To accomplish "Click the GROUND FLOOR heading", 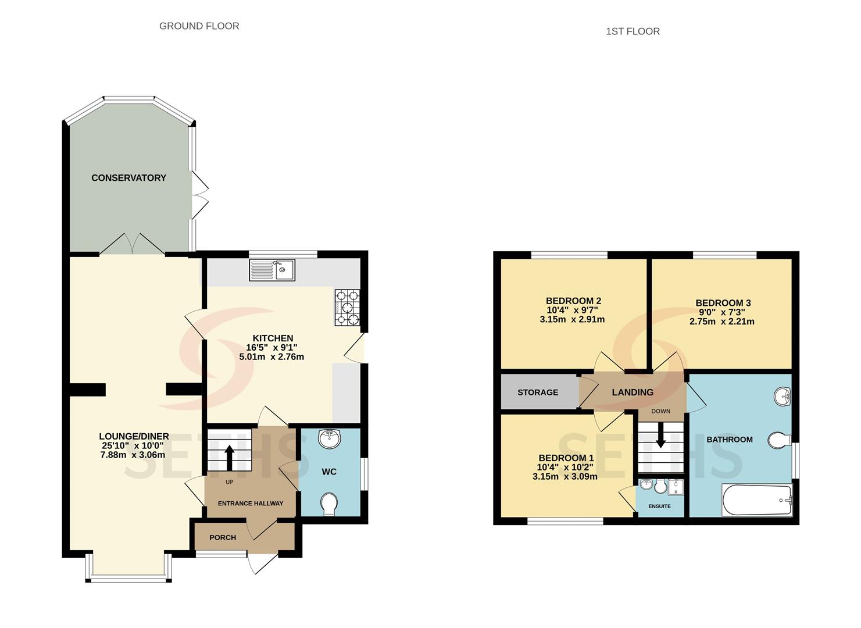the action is [199, 26].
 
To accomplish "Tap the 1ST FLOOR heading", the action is [633, 31].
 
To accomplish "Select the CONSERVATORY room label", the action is [128, 178].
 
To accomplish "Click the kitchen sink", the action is [272, 270].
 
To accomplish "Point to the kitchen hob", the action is [348, 308].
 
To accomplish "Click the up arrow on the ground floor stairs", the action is [229, 458].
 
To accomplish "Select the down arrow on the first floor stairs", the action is [660, 436].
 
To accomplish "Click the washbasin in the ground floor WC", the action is [330, 439].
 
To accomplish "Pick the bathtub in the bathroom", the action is [757, 500].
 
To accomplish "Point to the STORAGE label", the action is [538, 392].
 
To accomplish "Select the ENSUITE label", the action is [660, 506].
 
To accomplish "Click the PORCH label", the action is [223, 537].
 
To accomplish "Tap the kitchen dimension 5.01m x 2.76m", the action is [271, 357].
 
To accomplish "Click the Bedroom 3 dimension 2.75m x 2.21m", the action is [722, 322].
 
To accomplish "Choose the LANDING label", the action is [633, 392].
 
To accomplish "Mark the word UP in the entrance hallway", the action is [230, 482].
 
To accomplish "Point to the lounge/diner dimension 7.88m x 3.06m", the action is [133, 455].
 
